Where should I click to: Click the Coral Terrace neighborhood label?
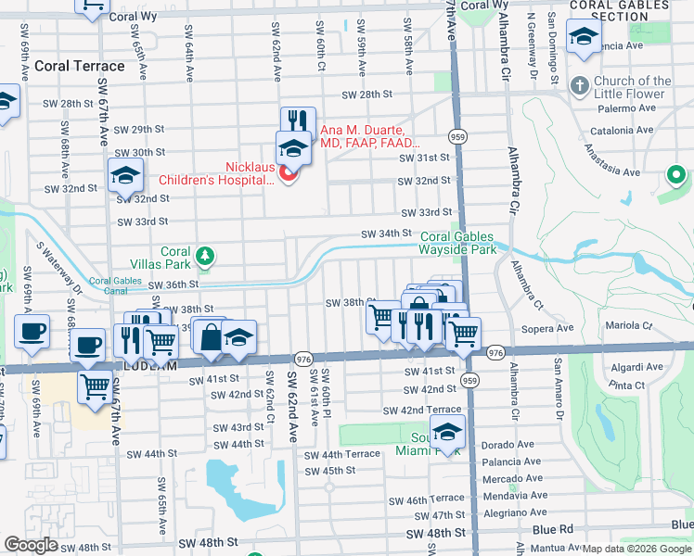click(x=79, y=67)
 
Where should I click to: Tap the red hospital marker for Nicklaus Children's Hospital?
click(x=289, y=172)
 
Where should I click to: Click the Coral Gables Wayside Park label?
click(x=458, y=243)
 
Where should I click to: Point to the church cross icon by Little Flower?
click(x=580, y=84)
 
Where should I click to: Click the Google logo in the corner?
click(x=32, y=545)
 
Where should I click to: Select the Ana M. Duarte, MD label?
click(x=370, y=137)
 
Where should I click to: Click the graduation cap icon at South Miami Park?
click(x=448, y=433)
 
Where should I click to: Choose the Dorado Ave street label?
click(x=507, y=445)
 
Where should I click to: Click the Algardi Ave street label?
click(x=636, y=367)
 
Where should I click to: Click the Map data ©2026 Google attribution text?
click(x=637, y=548)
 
